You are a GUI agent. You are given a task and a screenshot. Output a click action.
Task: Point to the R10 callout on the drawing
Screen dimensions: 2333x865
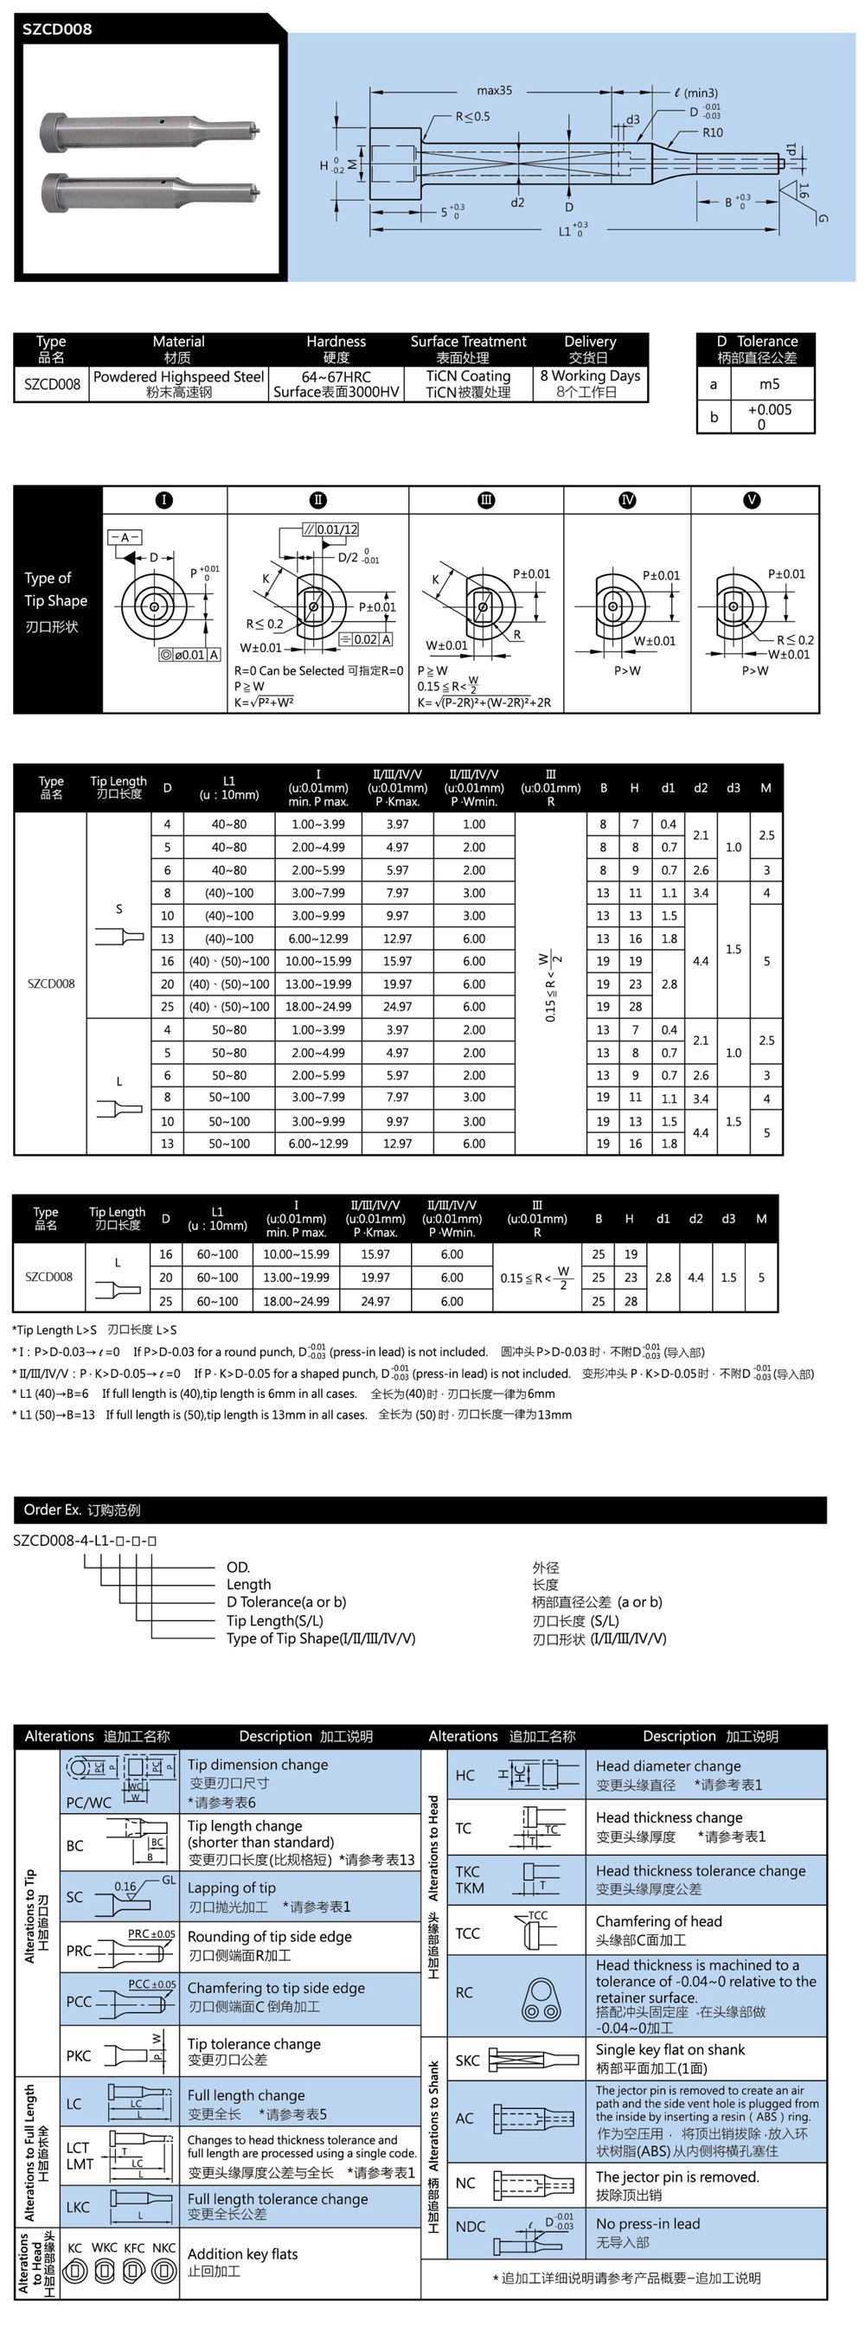pos(713,132)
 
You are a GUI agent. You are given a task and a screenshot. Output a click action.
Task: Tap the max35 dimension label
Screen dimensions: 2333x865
pos(495,91)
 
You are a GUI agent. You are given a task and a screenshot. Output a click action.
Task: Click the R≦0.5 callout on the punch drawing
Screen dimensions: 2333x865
pos(473,116)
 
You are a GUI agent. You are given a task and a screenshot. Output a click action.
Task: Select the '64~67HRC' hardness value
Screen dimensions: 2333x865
pos(336,375)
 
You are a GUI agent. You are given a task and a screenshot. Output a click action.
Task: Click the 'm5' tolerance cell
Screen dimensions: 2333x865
pos(769,384)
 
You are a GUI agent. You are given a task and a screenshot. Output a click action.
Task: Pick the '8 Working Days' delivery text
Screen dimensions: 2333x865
pos(590,375)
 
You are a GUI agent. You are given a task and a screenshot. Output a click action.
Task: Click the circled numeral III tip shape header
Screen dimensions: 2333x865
pos(486,500)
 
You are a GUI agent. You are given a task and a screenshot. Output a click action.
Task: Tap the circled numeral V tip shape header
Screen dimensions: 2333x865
pos(751,500)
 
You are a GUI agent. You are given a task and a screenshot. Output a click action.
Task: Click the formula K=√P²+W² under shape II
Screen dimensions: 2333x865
pos(264,702)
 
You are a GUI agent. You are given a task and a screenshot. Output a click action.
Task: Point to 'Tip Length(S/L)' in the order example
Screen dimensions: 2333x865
pos(274,1620)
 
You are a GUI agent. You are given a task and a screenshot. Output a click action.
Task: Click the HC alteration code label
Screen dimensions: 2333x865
pos(465,1775)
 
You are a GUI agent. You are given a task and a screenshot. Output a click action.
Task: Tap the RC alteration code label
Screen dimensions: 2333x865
pos(465,1992)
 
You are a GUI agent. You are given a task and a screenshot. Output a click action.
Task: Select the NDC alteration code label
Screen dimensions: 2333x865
pos(470,2226)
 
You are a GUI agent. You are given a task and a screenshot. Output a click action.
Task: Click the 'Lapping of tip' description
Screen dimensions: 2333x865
pos(232,1888)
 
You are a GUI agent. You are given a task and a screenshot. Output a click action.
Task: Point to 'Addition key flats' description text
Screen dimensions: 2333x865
pos(243,2254)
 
